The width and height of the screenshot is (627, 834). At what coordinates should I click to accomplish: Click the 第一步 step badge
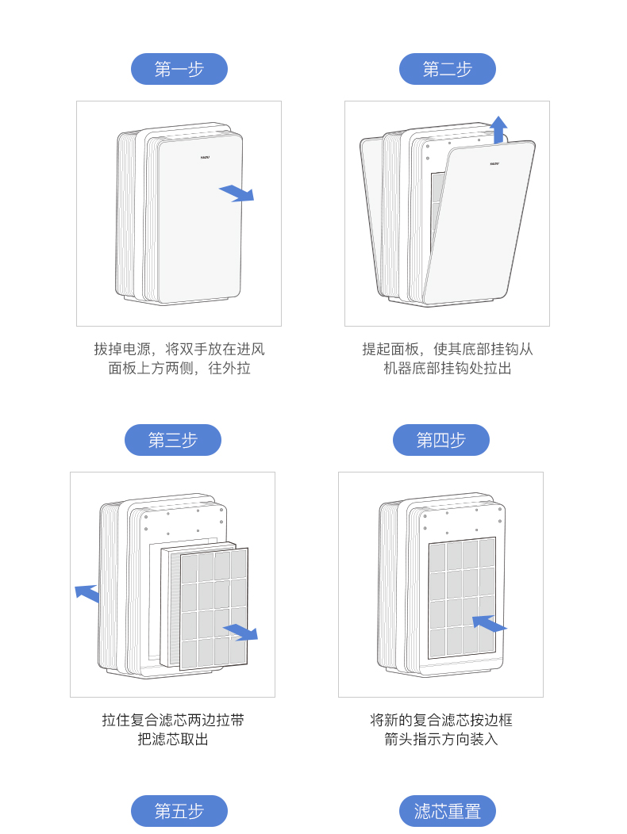pos(179,69)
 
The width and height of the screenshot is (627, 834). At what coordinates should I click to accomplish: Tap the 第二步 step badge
pos(447,69)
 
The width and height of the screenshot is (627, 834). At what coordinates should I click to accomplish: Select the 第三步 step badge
pos(172,440)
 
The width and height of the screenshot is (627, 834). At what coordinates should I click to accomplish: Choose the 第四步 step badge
pos(440,440)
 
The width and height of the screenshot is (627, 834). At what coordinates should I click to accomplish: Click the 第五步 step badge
pos(179,811)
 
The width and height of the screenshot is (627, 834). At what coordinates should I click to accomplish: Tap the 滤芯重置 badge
pos(447,811)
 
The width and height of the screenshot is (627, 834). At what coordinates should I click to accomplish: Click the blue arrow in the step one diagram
pos(237,193)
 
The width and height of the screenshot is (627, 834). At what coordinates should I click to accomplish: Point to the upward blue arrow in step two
pos(498,128)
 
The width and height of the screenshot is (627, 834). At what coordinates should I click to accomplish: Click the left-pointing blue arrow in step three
pos(87,592)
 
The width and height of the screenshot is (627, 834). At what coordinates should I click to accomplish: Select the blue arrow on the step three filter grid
pos(240,632)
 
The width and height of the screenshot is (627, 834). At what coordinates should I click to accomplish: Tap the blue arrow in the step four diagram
pos(488,624)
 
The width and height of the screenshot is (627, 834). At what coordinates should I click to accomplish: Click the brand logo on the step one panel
pos(205,157)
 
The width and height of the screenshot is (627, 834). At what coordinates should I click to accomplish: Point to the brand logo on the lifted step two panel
pos(494,163)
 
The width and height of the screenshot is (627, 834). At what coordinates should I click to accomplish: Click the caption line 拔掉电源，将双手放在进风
pos(179,349)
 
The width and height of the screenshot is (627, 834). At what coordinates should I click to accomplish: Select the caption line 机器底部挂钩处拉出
pos(447,369)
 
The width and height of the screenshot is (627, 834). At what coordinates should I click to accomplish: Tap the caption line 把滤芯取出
pos(172,740)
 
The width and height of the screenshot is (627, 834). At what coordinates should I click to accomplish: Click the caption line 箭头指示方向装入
pos(440,740)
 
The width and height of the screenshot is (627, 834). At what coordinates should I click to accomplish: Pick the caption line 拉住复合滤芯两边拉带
pos(172,720)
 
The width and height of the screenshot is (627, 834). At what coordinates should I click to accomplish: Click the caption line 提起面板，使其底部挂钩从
pos(447,349)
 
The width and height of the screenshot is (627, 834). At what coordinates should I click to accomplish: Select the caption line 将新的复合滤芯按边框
pos(440,720)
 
